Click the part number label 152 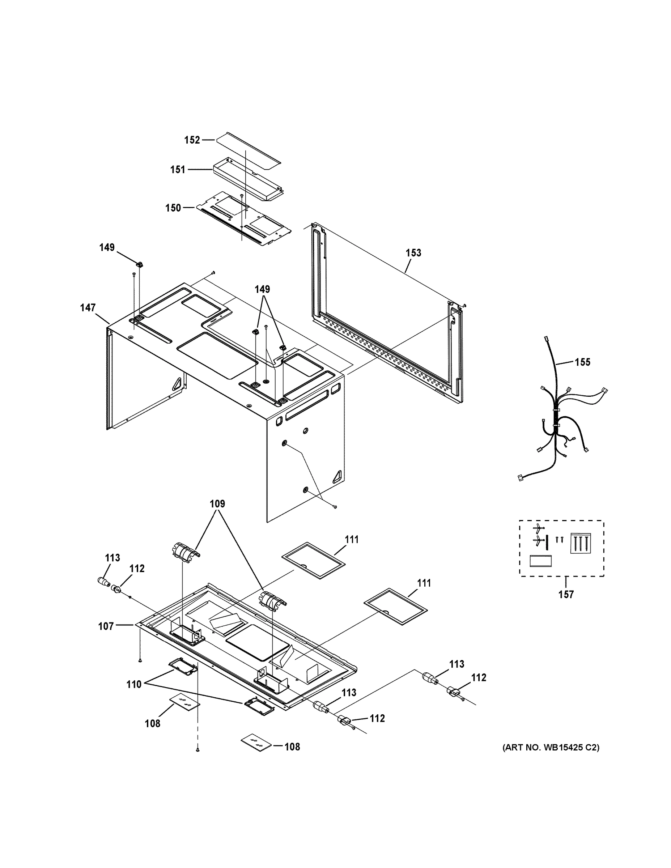pyautogui.click(x=192, y=140)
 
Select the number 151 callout pyautogui.click(x=178, y=170)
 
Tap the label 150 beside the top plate pyautogui.click(x=173, y=208)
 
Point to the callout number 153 pyautogui.click(x=413, y=253)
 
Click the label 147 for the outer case pyautogui.click(x=88, y=308)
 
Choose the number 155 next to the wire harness pyautogui.click(x=582, y=362)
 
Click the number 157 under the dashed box pyautogui.click(x=566, y=595)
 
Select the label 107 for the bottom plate pyautogui.click(x=106, y=626)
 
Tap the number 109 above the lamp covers pyautogui.click(x=217, y=504)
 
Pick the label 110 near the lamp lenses pyautogui.click(x=134, y=684)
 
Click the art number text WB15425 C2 pyautogui.click(x=551, y=748)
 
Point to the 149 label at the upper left pyautogui.click(x=107, y=248)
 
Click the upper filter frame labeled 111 pyautogui.click(x=313, y=560)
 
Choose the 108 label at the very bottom pyautogui.click(x=292, y=747)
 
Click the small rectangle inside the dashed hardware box pyautogui.click(x=541, y=561)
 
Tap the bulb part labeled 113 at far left pyautogui.click(x=103, y=583)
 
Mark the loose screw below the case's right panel pyautogui.click(x=335, y=507)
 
